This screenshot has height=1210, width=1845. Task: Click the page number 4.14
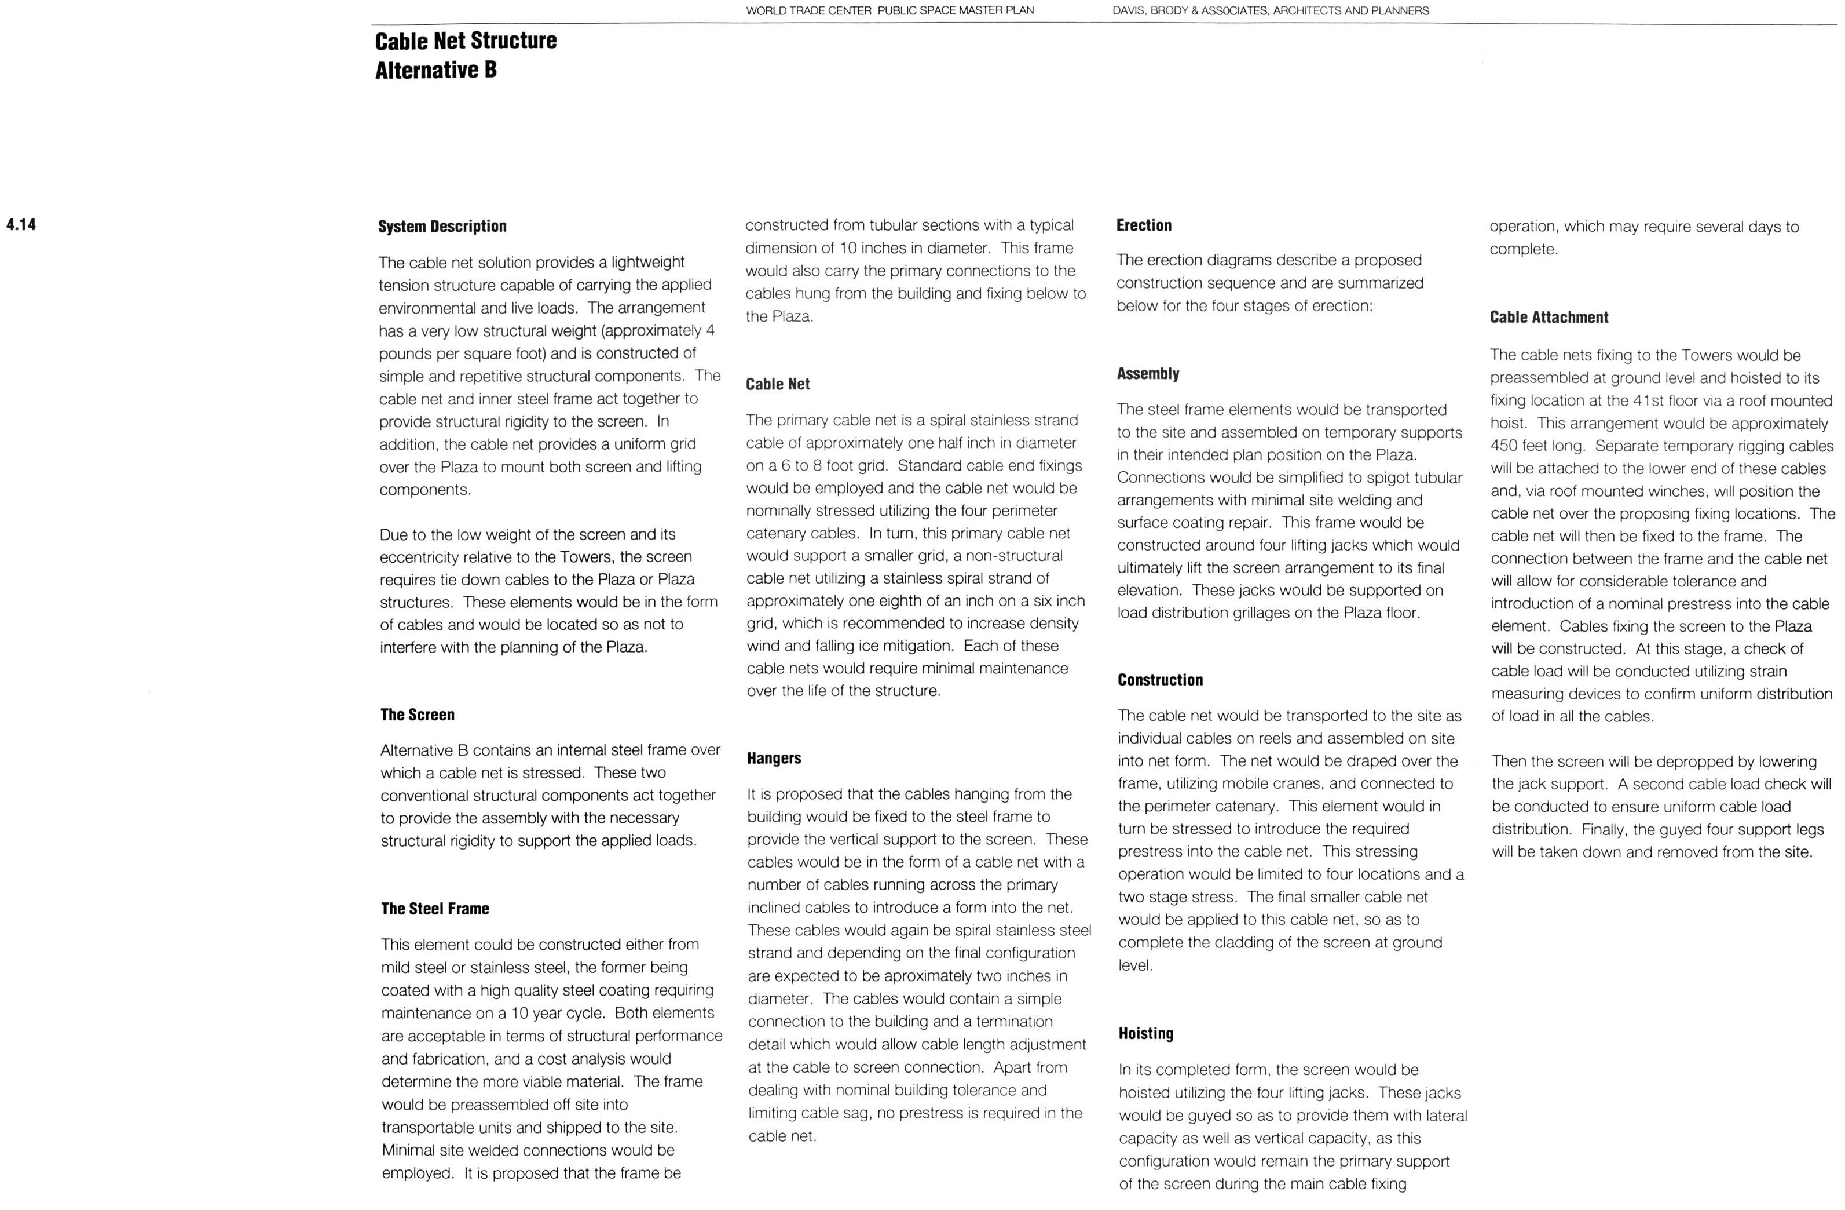(21, 225)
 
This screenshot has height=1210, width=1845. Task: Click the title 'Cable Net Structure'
(465, 41)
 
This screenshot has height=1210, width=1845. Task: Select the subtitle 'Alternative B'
(435, 71)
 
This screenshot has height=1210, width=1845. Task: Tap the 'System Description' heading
(442, 227)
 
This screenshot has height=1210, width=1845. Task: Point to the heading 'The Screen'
(417, 715)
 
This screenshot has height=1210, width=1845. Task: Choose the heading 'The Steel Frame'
(435, 908)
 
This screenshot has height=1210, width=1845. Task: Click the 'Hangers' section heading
(774, 758)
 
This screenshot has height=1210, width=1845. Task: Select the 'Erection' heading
(1144, 225)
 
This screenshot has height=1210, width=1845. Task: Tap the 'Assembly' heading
(1147, 374)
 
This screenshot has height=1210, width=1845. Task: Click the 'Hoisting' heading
(1146, 1033)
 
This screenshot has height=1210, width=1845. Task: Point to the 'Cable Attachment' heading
(1549, 317)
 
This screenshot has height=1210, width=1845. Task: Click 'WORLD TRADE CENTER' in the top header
(808, 11)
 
